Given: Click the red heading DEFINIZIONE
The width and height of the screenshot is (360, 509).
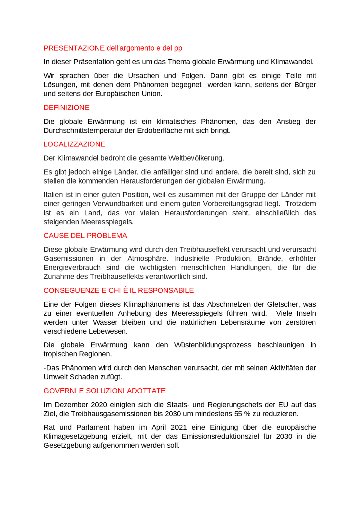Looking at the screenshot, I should click(x=66, y=108).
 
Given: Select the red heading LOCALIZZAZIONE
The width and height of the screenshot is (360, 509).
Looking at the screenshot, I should click(x=74, y=144).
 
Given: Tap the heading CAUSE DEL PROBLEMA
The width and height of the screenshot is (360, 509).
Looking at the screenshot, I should click(x=85, y=236).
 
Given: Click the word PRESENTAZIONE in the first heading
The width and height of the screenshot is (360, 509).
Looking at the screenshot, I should click(x=74, y=48).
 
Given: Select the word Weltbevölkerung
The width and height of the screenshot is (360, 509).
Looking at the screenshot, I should click(x=196, y=158).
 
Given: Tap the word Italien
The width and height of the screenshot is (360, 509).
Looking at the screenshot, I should click(x=53, y=195).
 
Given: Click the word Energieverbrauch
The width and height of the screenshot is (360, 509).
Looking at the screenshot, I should click(x=72, y=268).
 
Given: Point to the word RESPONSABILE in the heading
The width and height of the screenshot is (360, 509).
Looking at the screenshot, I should click(x=166, y=291).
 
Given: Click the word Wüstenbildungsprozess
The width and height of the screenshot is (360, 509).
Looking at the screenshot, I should click(x=213, y=345).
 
